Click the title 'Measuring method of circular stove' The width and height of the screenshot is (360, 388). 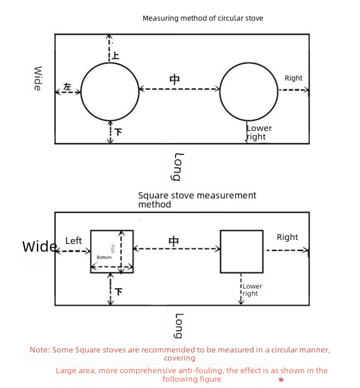[x=203, y=18]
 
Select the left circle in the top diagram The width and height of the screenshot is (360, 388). [x=110, y=91]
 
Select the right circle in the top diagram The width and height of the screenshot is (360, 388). [x=249, y=91]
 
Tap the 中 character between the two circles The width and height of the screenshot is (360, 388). [x=175, y=80]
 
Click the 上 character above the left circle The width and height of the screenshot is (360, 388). [x=115, y=55]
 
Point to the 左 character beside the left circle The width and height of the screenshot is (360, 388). [x=67, y=87]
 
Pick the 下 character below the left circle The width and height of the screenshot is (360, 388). [x=118, y=131]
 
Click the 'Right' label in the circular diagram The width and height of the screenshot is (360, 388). [x=294, y=78]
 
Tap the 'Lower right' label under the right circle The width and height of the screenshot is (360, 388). [x=259, y=132]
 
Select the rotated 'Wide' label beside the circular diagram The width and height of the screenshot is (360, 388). [x=37, y=78]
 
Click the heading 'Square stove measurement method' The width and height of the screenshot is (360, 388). [x=197, y=200]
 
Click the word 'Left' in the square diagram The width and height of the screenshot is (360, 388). [x=74, y=241]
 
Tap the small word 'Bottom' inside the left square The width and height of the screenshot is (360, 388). [x=104, y=258]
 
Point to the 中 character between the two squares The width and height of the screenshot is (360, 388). [x=174, y=241]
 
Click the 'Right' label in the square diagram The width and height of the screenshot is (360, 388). [x=287, y=237]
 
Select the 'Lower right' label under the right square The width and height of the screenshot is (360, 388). [x=252, y=290]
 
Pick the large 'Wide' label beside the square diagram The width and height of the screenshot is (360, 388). [x=39, y=246]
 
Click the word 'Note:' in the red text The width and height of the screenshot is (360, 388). [x=40, y=350]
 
